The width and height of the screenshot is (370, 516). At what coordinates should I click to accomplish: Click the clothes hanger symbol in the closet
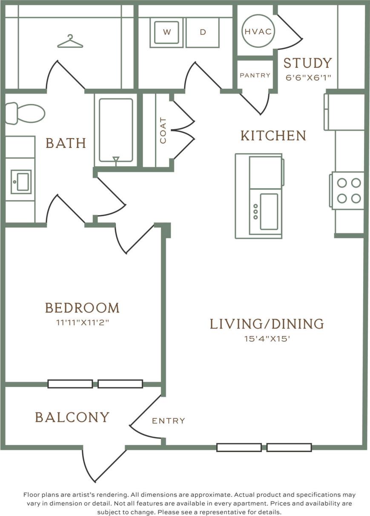70,41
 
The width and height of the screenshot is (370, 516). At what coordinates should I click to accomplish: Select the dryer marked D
203,32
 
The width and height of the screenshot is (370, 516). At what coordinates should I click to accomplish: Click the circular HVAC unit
258,31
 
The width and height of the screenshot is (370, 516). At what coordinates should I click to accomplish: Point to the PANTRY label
255,75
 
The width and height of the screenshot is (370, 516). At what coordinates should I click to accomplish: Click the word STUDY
307,63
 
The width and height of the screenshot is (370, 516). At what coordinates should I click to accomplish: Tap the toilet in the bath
26,113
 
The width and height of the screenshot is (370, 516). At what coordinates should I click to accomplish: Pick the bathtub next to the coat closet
116,130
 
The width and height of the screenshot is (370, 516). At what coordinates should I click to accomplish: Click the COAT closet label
163,130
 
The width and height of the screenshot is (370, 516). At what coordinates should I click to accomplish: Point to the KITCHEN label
273,136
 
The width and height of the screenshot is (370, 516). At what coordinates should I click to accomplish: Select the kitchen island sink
269,212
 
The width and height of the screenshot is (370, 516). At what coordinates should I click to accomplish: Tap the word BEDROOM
82,307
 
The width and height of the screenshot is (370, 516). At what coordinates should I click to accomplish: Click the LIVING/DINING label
267,324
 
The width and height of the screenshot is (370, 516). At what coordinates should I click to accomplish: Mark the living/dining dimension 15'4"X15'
267,339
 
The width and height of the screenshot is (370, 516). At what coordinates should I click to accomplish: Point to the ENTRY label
169,421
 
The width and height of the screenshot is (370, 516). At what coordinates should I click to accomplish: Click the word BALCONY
72,417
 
